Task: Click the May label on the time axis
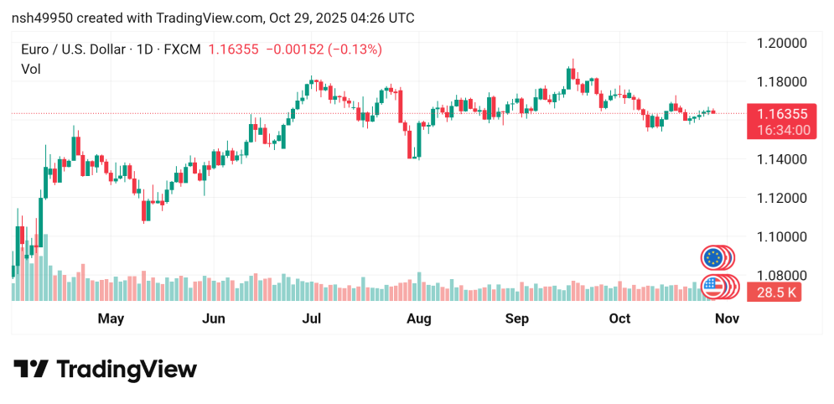pos(111,319)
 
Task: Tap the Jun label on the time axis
pos(214,319)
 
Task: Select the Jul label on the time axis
pos(312,319)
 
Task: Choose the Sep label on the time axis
pos(517,319)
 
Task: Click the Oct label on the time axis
pos(619,319)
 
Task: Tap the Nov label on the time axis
pos(727,319)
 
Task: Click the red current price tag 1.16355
pos(781,114)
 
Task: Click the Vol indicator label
pos(30,70)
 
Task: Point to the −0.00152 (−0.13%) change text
pos(324,49)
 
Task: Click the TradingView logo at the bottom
pos(105,370)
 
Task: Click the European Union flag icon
pos(713,257)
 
